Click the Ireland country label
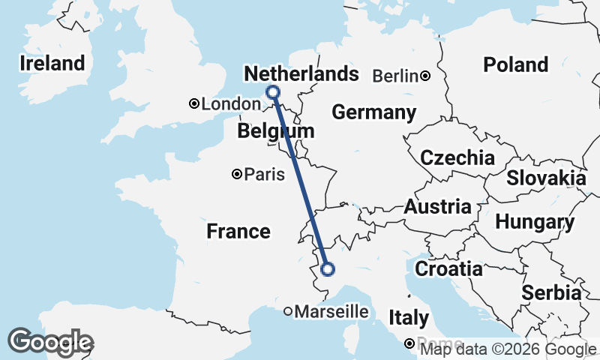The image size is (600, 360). point(52,63)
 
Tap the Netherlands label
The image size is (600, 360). point(301,73)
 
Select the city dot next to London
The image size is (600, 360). point(194,104)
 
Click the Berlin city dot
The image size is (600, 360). point(425,76)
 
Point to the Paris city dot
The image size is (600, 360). point(237,175)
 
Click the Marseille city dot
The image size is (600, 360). point(288,311)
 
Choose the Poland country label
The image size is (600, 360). point(515,64)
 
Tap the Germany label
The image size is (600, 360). point(373,112)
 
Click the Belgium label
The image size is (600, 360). point(275,132)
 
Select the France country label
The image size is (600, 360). point(238,231)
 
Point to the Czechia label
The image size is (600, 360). point(457,158)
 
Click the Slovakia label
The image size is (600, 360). point(546,178)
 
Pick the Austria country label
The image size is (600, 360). point(438,206)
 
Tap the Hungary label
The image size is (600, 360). point(534,223)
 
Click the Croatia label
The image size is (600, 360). point(448,268)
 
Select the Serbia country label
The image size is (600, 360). point(552,292)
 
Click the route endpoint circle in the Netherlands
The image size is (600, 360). point(273,92)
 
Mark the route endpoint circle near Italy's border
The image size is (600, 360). point(327,269)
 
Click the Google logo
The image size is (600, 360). point(51,342)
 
